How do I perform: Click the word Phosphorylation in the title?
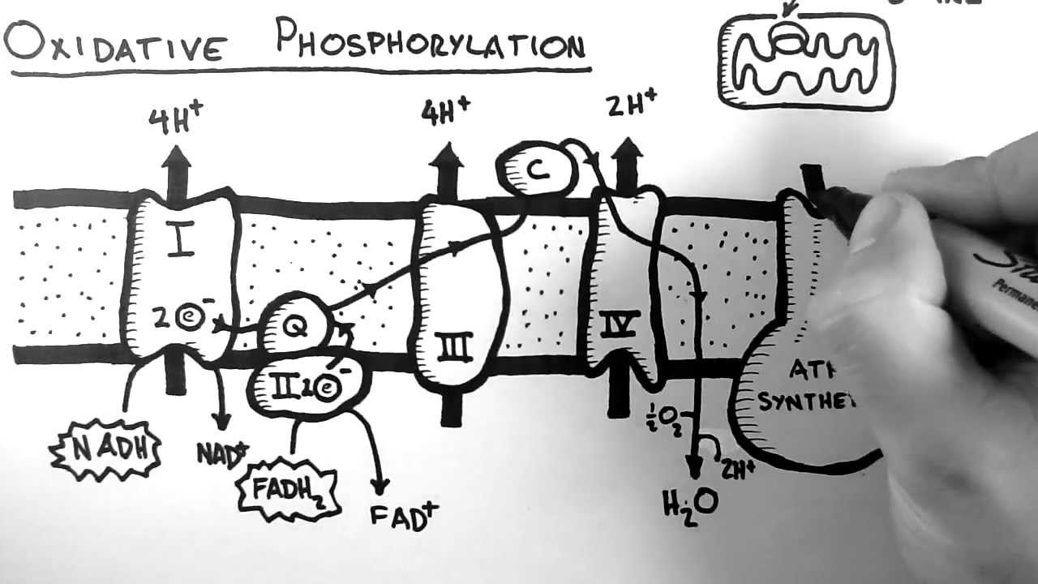click(x=430, y=41)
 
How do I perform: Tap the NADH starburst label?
click(x=106, y=449)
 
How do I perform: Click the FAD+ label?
click(x=404, y=514)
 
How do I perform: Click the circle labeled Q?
click(x=296, y=324)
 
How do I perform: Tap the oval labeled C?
click(x=536, y=170)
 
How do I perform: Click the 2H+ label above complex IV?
click(x=630, y=106)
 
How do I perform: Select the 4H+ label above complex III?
click(x=444, y=111)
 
